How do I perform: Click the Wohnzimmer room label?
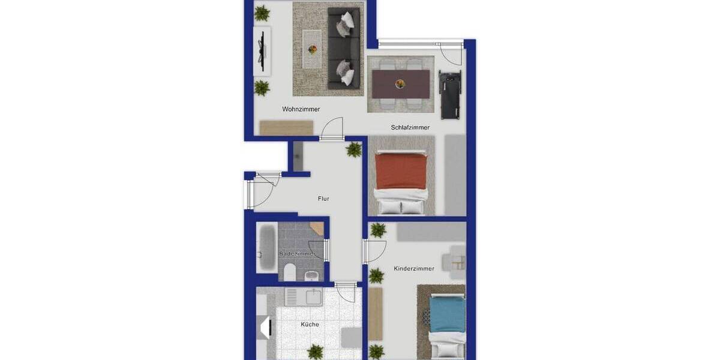click(x=301, y=109)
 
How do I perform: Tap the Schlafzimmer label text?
click(x=410, y=127)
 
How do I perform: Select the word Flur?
click(x=323, y=199)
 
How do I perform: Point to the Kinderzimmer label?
click(x=414, y=268)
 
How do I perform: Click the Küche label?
click(x=310, y=325)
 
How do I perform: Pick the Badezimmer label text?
click(x=296, y=254)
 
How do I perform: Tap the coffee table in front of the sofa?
click(x=311, y=48)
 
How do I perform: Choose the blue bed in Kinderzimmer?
click(x=448, y=315)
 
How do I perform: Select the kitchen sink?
click(x=314, y=296)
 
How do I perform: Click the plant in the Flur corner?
click(x=354, y=149)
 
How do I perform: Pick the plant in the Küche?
click(x=315, y=352)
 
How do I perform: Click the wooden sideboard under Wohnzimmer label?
click(x=286, y=128)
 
